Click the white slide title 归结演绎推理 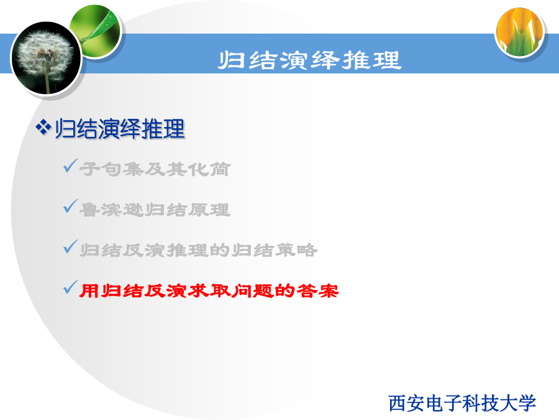(310, 60)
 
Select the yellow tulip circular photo (520, 32)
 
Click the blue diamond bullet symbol (43, 128)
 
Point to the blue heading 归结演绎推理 (120, 129)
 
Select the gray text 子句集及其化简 (155, 169)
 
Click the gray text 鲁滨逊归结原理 (155, 210)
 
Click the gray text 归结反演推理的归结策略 (198, 250)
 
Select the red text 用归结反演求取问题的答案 (209, 291)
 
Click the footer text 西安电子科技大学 (462, 403)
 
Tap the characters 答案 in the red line (317, 291)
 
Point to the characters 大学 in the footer (517, 403)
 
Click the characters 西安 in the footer (406, 403)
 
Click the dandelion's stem (47, 82)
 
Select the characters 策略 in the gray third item (296, 250)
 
